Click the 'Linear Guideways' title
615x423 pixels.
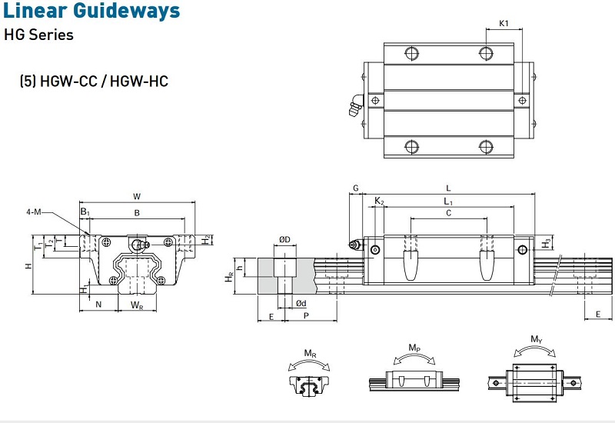(92, 11)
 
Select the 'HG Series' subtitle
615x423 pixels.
(39, 35)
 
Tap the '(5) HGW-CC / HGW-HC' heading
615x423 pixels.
(94, 81)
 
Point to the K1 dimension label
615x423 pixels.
(504, 23)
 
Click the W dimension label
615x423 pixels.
(137, 195)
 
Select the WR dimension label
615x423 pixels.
(137, 305)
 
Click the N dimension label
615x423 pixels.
(99, 305)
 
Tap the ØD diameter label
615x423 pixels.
(285, 239)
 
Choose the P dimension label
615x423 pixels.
(305, 316)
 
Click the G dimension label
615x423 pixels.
(355, 188)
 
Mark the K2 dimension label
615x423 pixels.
(379, 202)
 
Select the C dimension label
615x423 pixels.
(448, 213)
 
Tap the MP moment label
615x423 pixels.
(414, 348)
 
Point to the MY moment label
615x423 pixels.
(535, 339)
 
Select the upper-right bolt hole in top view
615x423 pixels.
(486, 53)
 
